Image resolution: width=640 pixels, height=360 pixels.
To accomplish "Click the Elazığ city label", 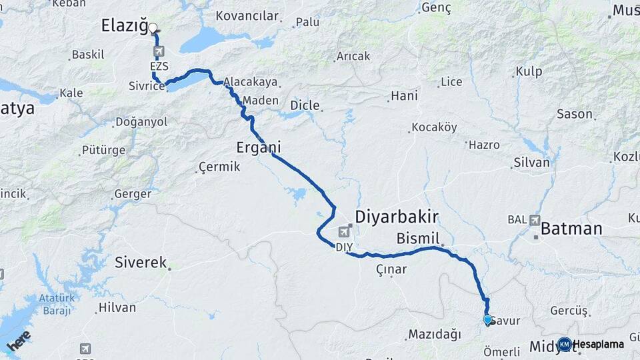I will pyautogui.click(x=123, y=26).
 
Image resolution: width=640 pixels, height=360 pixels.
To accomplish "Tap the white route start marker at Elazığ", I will pyautogui.click(x=153, y=28).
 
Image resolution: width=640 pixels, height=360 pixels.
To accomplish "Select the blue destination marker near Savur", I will pyautogui.click(x=487, y=320).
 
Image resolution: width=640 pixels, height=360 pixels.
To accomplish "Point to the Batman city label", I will pyautogui.click(x=571, y=229).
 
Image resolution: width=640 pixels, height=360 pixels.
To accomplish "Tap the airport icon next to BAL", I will pyautogui.click(x=535, y=219).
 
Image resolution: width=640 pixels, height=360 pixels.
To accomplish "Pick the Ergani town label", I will pyautogui.click(x=259, y=147).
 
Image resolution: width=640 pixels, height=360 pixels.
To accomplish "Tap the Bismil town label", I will pyautogui.click(x=418, y=238).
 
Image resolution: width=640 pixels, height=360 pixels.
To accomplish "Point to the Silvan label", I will pyautogui.click(x=531, y=163).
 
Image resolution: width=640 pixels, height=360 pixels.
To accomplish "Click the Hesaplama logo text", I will pyautogui.click(x=598, y=344).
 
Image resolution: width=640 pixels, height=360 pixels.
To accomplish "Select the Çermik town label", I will pyautogui.click(x=219, y=167).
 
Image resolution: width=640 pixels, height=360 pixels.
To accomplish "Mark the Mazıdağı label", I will pyautogui.click(x=434, y=333).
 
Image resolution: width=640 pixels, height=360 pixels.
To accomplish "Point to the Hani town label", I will pyautogui.click(x=404, y=96).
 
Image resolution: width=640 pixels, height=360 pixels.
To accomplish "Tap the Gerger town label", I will pyautogui.click(x=133, y=194).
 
